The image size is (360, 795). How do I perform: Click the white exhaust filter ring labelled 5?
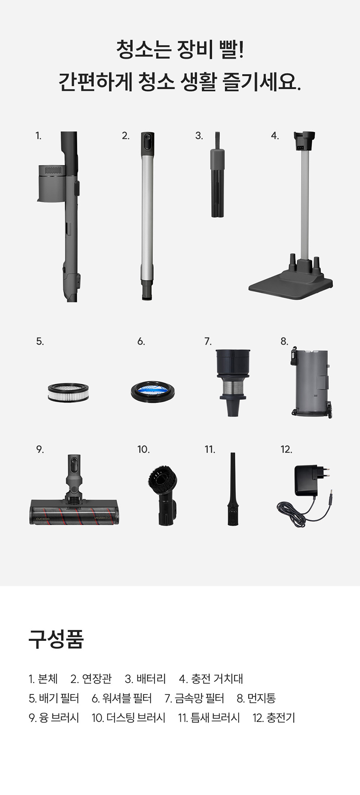(68, 392)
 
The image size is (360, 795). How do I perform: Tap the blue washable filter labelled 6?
(152, 392)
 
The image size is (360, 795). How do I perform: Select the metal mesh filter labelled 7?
(233, 382)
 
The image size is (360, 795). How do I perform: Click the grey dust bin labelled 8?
(311, 382)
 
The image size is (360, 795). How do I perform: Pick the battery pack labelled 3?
(218, 175)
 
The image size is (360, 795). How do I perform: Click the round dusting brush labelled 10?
(162, 496)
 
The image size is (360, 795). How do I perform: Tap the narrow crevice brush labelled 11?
(233, 489)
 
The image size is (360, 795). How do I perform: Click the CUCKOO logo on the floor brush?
(42, 519)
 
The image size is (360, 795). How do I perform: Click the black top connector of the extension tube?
(147, 143)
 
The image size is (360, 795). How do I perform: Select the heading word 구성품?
(56, 639)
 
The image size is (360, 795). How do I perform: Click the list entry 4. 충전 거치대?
(211, 679)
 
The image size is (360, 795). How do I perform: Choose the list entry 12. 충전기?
(274, 718)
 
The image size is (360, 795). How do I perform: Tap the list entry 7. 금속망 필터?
(194, 698)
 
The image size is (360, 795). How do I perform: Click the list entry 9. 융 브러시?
(54, 718)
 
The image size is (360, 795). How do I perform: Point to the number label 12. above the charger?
(286, 449)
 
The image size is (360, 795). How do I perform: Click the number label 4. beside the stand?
(275, 136)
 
